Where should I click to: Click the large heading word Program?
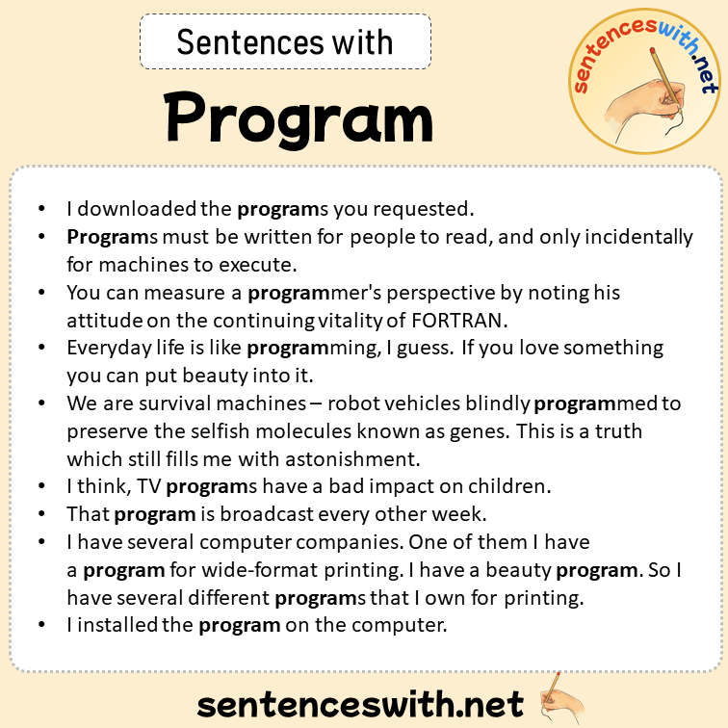click(299, 117)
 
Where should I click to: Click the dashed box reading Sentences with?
click(285, 42)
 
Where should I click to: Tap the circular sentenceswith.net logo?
click(644, 77)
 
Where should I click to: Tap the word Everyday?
click(106, 347)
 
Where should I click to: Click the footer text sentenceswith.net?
click(360, 704)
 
